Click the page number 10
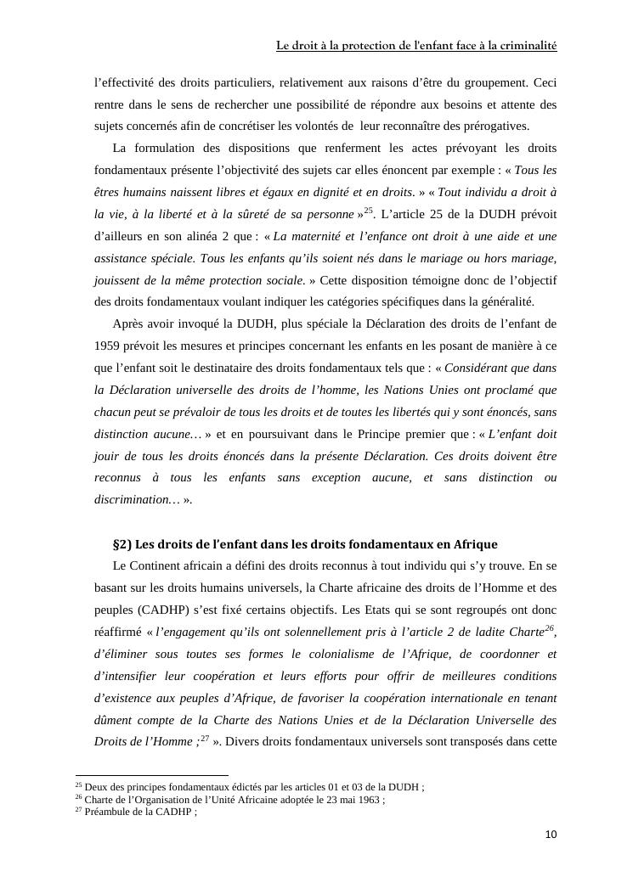551,835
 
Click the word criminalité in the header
528,46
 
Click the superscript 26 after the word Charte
550,628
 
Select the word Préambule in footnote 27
107,812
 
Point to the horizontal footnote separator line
152,775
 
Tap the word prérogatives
499,127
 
